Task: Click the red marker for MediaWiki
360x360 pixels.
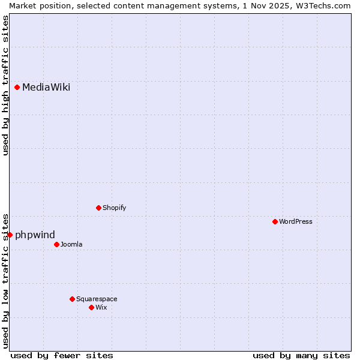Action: point(17,87)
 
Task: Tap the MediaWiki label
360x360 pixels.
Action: point(46,88)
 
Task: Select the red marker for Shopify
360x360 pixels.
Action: point(98,208)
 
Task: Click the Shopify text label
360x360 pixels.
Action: point(114,208)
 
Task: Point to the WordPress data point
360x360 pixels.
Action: point(275,221)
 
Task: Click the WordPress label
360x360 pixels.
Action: point(295,222)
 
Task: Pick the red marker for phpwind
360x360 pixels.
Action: point(10,235)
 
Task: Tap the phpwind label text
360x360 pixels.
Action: point(35,235)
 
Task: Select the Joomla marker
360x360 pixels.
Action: point(56,244)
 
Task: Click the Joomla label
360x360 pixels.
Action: point(71,245)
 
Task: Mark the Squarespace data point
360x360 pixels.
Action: point(72,299)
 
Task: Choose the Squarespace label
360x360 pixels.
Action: point(97,299)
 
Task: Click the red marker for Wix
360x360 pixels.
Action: point(91,307)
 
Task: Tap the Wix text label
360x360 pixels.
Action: point(101,308)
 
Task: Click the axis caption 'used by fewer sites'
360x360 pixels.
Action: point(62,355)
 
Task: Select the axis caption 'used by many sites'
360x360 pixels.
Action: point(301,355)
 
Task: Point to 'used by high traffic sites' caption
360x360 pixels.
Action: point(5,85)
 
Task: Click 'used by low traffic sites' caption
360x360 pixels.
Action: point(5,280)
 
